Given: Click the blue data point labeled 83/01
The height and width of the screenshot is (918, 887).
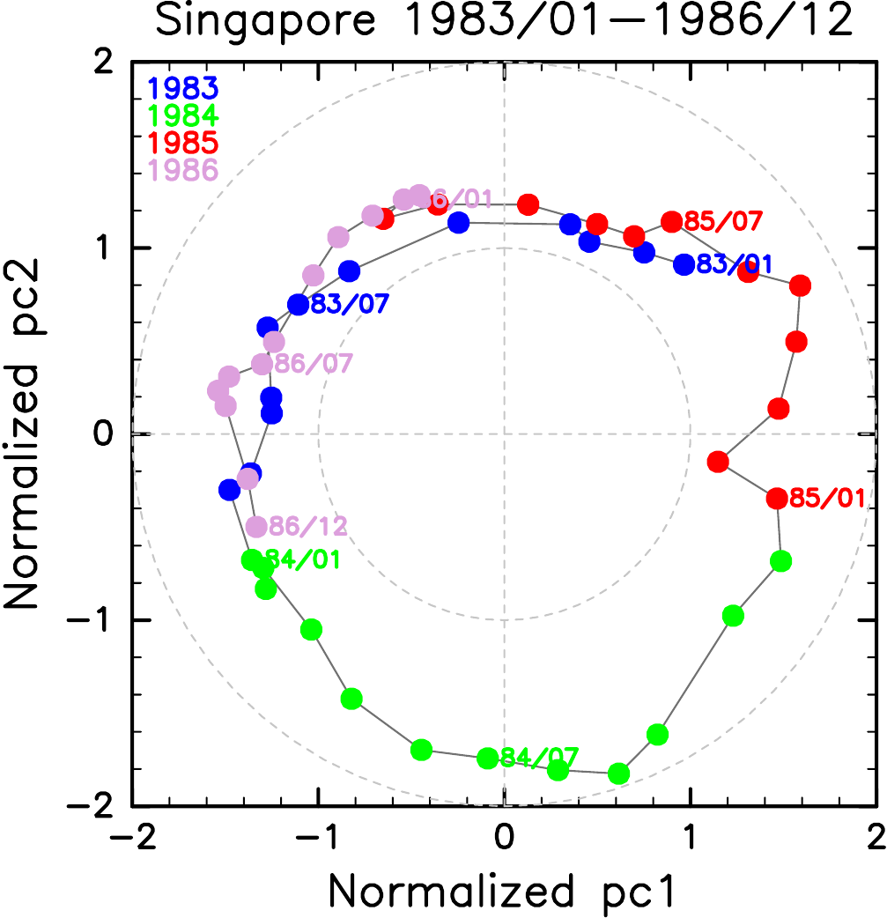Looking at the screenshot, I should point(684,263).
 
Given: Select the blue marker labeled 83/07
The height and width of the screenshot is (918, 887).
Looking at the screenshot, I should point(299,305).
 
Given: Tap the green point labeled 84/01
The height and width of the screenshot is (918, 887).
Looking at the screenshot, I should point(252,559).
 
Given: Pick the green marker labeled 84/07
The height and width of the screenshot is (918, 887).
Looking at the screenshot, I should point(488,758).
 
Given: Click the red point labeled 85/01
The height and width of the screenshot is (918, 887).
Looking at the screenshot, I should point(777,498).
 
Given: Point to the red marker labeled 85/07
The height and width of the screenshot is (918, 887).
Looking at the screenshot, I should point(672,221).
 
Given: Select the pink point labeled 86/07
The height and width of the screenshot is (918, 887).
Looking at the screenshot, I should point(262,364).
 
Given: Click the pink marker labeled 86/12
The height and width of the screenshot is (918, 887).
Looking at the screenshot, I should point(256,527).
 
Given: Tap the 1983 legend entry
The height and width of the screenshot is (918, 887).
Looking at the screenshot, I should point(183,88).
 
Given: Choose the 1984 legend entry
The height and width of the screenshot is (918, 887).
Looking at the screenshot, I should point(183,115).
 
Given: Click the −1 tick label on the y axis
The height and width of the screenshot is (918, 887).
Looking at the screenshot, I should point(92,620).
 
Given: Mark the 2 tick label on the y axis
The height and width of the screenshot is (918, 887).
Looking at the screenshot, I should point(104,62).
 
